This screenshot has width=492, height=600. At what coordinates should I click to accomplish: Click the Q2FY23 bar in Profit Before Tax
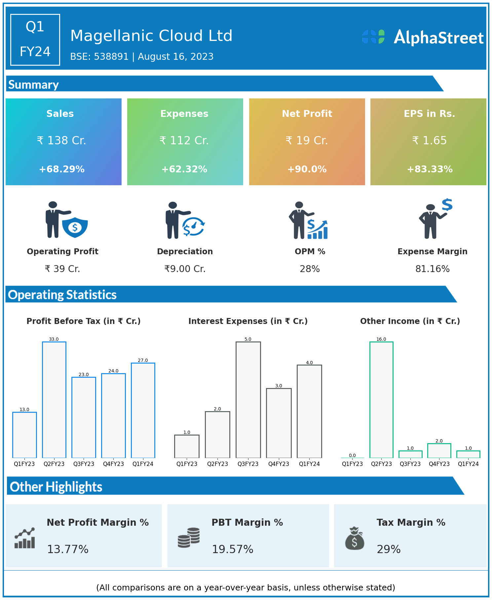(x=54, y=400)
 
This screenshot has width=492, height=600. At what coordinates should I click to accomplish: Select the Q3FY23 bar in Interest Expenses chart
(x=248, y=400)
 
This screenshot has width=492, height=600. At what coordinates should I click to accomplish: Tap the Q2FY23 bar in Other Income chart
(x=381, y=400)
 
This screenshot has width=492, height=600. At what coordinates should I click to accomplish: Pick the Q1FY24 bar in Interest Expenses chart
(x=309, y=411)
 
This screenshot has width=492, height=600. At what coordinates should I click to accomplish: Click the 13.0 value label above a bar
(x=24, y=409)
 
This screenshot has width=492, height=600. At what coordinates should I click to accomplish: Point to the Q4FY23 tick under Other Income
(x=439, y=464)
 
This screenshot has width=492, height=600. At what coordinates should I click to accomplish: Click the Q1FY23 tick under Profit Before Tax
(x=24, y=464)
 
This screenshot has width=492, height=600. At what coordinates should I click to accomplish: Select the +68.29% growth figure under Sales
(x=62, y=169)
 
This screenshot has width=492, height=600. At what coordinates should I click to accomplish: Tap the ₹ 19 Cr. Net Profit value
(x=307, y=141)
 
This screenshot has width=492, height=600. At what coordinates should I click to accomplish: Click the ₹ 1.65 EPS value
(x=429, y=141)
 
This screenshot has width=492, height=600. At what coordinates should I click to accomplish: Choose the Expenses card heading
(x=184, y=114)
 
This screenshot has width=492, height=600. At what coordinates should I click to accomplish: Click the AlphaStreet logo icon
(x=373, y=37)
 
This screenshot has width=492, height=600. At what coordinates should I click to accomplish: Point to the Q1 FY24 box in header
(x=35, y=40)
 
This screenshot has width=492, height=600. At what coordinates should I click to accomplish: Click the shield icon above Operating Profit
(x=75, y=227)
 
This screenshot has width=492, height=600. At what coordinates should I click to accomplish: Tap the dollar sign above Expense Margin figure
(x=447, y=205)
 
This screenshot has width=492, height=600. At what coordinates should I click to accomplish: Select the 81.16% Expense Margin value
(x=432, y=269)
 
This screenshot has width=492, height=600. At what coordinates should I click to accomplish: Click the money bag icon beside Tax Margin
(x=355, y=538)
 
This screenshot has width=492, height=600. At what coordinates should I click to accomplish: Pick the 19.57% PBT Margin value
(x=232, y=549)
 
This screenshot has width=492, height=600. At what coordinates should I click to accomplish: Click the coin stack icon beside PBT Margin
(x=189, y=538)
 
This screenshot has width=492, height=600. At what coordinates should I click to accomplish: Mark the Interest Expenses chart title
(x=248, y=321)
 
